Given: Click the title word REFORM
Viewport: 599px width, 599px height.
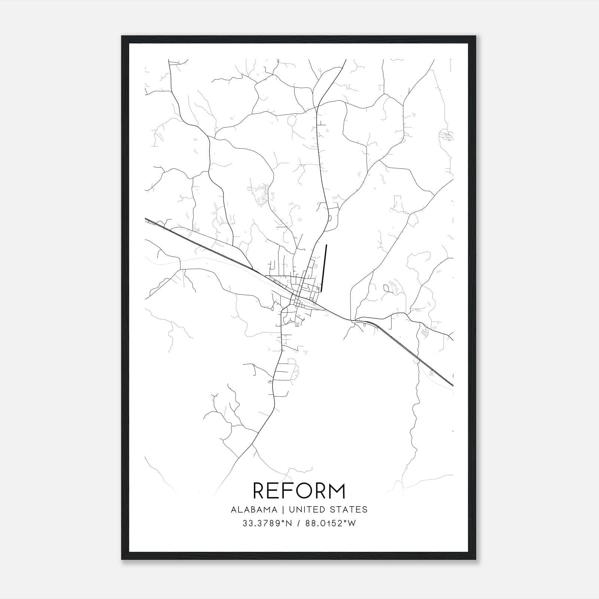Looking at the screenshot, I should pyautogui.click(x=299, y=491).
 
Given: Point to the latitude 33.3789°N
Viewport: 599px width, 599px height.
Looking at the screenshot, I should pyautogui.click(x=267, y=524).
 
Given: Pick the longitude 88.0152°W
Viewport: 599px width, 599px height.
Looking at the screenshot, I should pyautogui.click(x=330, y=524).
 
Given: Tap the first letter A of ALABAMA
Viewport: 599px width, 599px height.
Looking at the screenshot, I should pyautogui.click(x=234, y=510).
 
